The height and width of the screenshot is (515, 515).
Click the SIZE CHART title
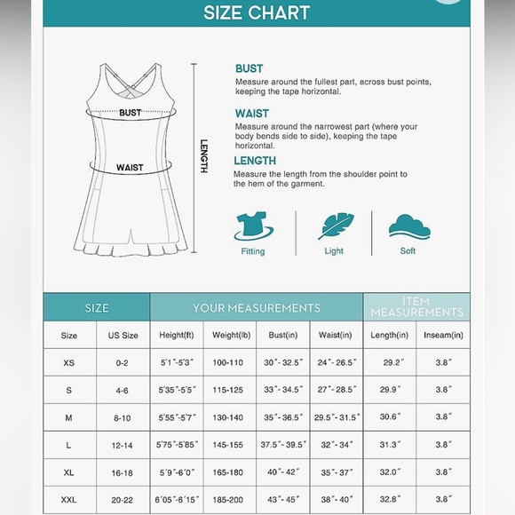[257, 13]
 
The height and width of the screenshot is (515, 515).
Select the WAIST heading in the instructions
[251, 114]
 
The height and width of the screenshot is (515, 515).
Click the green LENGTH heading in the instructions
[255, 161]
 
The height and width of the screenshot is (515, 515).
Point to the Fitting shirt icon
[253, 226]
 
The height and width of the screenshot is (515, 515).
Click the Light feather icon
[333, 226]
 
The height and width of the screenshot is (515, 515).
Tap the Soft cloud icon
[408, 226]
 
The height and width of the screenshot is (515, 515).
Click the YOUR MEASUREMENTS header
[257, 308]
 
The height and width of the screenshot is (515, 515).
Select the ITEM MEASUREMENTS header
[416, 307]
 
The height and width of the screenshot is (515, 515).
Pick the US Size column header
[123, 336]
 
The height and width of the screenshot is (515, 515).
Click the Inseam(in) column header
[443, 336]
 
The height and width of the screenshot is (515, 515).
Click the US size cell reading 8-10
[123, 418]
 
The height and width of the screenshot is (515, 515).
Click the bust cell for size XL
[283, 473]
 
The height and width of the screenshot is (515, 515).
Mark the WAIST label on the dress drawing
[129, 167]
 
